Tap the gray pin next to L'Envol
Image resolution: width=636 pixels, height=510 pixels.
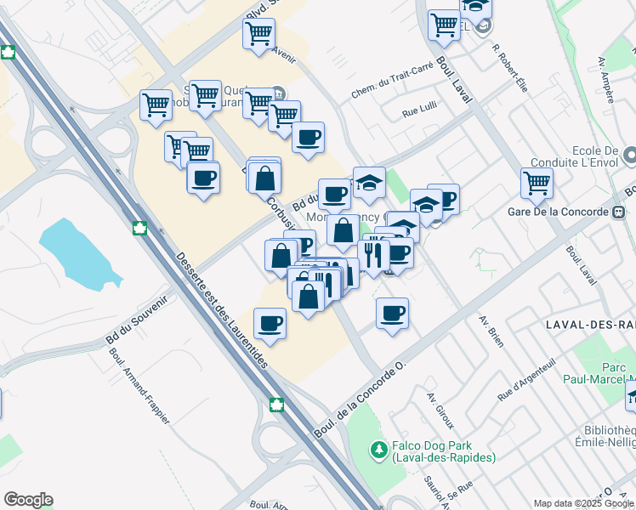[x=629, y=156]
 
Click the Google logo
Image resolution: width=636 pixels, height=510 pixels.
[x=28, y=500]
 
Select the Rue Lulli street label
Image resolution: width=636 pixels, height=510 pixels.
[x=420, y=110]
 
